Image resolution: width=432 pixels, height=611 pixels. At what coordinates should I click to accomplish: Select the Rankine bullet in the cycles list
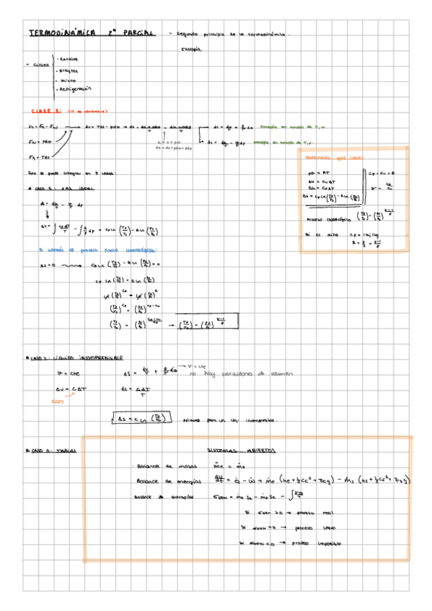[x=69, y=60]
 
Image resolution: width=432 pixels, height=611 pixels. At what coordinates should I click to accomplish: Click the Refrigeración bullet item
[x=76, y=89]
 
